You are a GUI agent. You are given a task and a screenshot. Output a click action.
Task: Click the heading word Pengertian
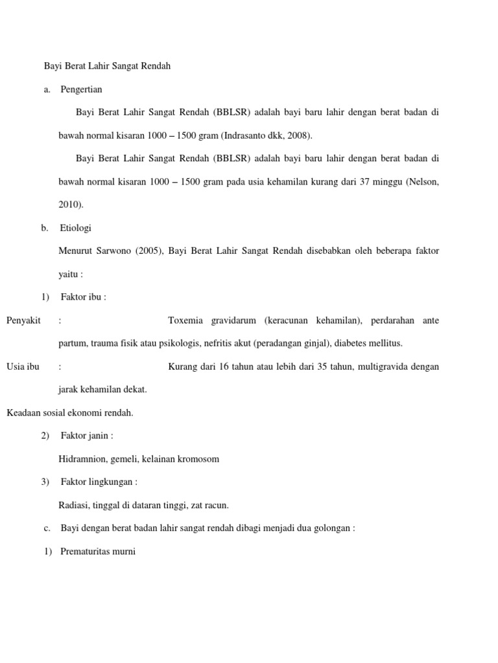coord(81,89)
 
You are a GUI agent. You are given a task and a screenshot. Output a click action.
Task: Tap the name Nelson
coord(423,182)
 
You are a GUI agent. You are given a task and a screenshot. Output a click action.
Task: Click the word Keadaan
coord(23,412)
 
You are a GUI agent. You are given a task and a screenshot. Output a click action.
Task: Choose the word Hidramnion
coord(82,459)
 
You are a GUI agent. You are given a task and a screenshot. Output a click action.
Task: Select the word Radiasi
coord(75,505)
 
